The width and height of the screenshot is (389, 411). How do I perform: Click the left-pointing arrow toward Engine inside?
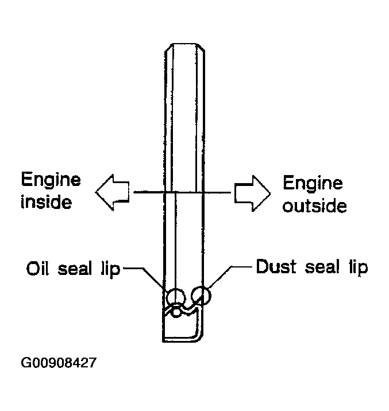point(112,192)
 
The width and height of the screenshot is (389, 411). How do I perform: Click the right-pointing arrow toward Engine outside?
point(252,193)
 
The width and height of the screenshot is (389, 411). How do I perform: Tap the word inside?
point(46,201)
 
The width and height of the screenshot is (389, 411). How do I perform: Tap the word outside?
point(314,205)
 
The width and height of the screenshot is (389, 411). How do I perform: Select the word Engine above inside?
point(51,180)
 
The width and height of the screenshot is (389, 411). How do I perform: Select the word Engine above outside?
point(313,184)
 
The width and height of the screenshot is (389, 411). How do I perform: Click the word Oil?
point(37,268)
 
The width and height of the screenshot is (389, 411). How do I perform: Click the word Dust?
point(275,266)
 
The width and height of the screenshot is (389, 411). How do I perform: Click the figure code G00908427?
point(59,363)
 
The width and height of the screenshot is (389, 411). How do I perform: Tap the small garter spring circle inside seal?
point(176,312)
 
